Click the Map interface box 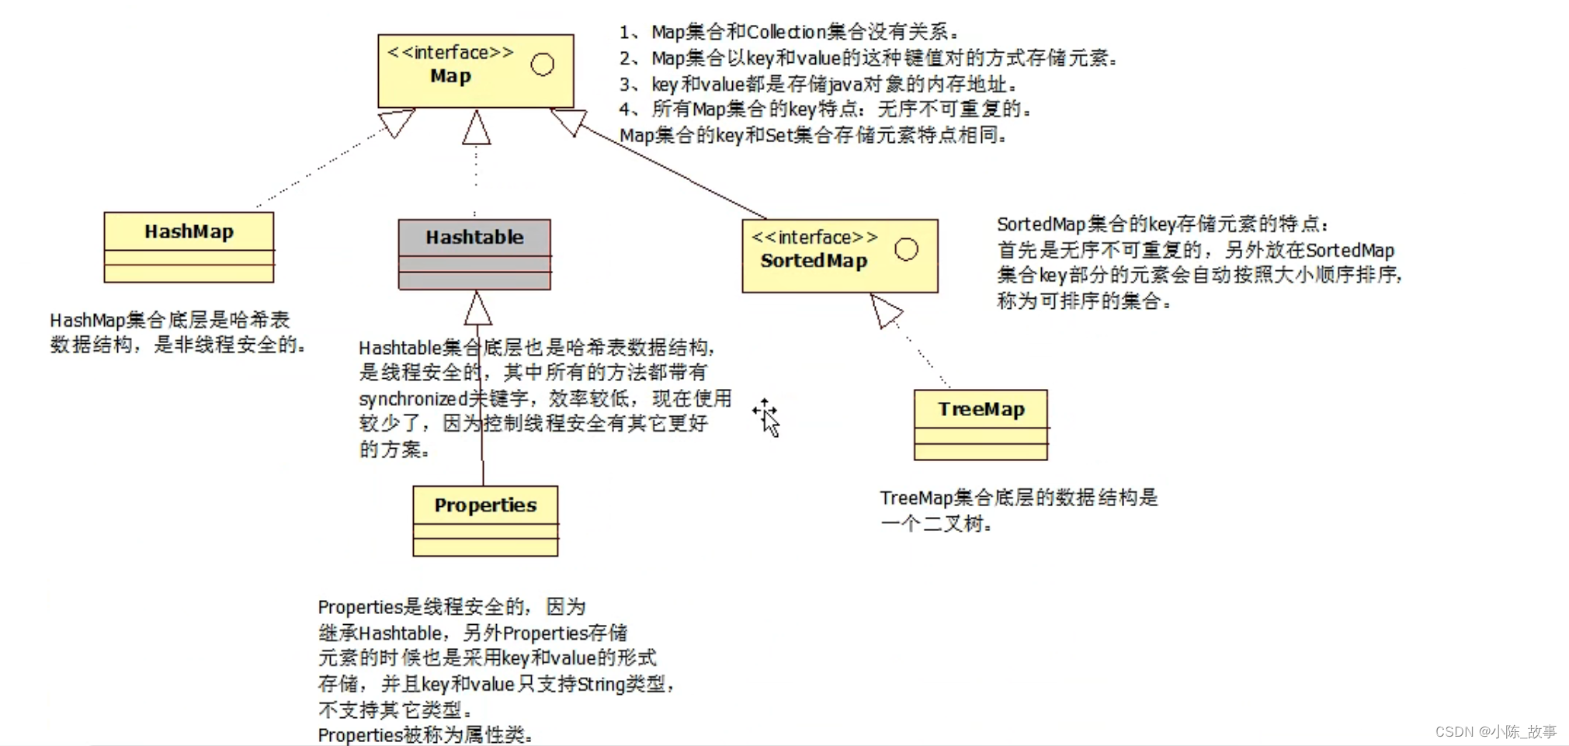[x=475, y=71]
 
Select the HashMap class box [x=189, y=247]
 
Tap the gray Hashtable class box [x=474, y=254]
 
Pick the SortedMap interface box [x=839, y=255]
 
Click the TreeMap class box [x=981, y=425]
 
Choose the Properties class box [x=485, y=520]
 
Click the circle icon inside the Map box [x=543, y=64]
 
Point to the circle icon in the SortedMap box [x=906, y=249]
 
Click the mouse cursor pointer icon [x=768, y=418]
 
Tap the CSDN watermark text [x=1495, y=731]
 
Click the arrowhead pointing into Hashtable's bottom [x=478, y=309]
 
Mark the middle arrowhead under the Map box [x=477, y=128]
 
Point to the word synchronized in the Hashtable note [x=412, y=399]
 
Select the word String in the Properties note [x=601, y=684]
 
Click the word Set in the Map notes [x=779, y=135]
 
